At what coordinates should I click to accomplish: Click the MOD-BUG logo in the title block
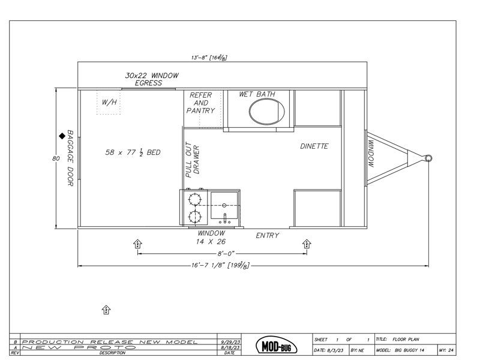click(x=277, y=346)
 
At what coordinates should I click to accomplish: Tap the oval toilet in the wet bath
click(x=266, y=112)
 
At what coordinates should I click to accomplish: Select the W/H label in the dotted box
click(x=109, y=102)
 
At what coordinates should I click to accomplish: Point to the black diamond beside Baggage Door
click(x=62, y=136)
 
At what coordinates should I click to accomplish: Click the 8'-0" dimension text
click(x=226, y=253)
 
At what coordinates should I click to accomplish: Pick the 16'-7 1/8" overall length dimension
click(x=220, y=265)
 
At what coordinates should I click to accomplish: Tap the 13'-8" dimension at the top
click(x=209, y=58)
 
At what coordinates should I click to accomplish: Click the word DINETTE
click(x=314, y=146)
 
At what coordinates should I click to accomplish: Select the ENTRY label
click(x=268, y=235)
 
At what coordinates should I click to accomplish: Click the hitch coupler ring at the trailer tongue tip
click(x=428, y=158)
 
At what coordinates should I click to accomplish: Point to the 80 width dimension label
click(x=56, y=158)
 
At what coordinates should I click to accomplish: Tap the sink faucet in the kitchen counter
click(x=224, y=218)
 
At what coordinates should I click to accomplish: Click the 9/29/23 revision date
click(x=230, y=342)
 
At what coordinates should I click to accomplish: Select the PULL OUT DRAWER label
click(x=192, y=160)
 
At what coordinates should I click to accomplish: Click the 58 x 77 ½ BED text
click(x=133, y=152)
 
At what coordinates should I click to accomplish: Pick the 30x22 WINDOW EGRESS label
click(x=152, y=79)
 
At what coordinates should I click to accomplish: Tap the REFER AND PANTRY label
click(x=201, y=103)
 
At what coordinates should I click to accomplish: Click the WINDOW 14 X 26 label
click(x=211, y=238)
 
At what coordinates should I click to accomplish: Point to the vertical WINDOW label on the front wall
click(x=371, y=154)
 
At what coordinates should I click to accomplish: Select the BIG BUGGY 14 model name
click(x=410, y=350)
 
